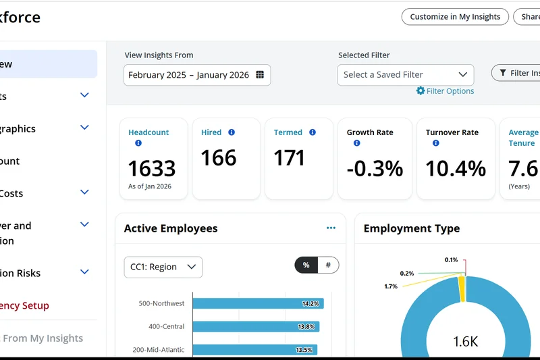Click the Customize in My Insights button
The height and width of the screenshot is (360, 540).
[x=455, y=17]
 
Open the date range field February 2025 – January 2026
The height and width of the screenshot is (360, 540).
[x=188, y=75]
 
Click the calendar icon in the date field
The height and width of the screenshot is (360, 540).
[x=260, y=75]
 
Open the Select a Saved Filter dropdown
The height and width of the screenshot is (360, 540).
[x=405, y=75]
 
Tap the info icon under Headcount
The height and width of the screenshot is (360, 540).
[x=138, y=143]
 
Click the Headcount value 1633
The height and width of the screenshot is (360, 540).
[x=152, y=168]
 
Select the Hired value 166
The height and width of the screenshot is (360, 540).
[x=219, y=158]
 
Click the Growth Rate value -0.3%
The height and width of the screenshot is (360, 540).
[x=375, y=168]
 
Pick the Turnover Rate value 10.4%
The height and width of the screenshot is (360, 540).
[x=456, y=168]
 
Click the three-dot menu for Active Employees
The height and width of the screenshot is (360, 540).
[x=331, y=228]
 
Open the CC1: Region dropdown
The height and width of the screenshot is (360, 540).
[x=163, y=267]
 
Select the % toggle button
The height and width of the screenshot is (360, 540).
[x=306, y=265]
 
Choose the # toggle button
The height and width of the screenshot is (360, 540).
[x=328, y=265]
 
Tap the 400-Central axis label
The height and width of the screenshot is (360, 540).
[x=166, y=327]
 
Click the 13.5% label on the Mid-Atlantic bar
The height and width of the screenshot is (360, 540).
[x=304, y=350]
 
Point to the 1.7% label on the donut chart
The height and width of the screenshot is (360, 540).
[x=390, y=286]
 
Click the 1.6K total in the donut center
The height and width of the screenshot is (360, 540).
[x=465, y=342]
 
